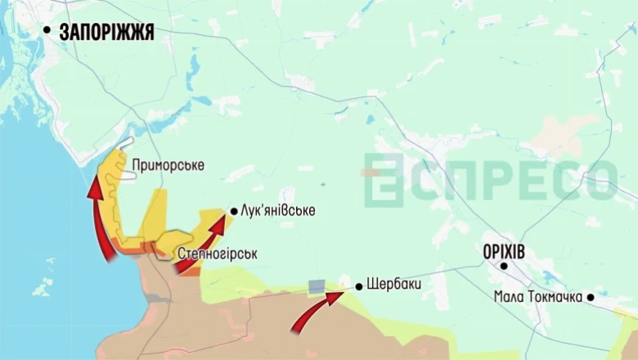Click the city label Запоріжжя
click(106, 32)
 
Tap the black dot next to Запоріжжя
click(47, 31)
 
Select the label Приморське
click(168, 165)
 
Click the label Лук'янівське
click(277, 211)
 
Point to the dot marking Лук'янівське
click(234, 211)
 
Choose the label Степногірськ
click(217, 254)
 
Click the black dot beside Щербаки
click(358, 286)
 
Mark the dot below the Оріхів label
click(505, 266)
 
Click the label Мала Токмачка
click(537, 297)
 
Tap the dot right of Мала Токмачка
click(591, 297)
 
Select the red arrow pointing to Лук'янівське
click(200, 242)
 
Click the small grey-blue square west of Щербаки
click(316, 286)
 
